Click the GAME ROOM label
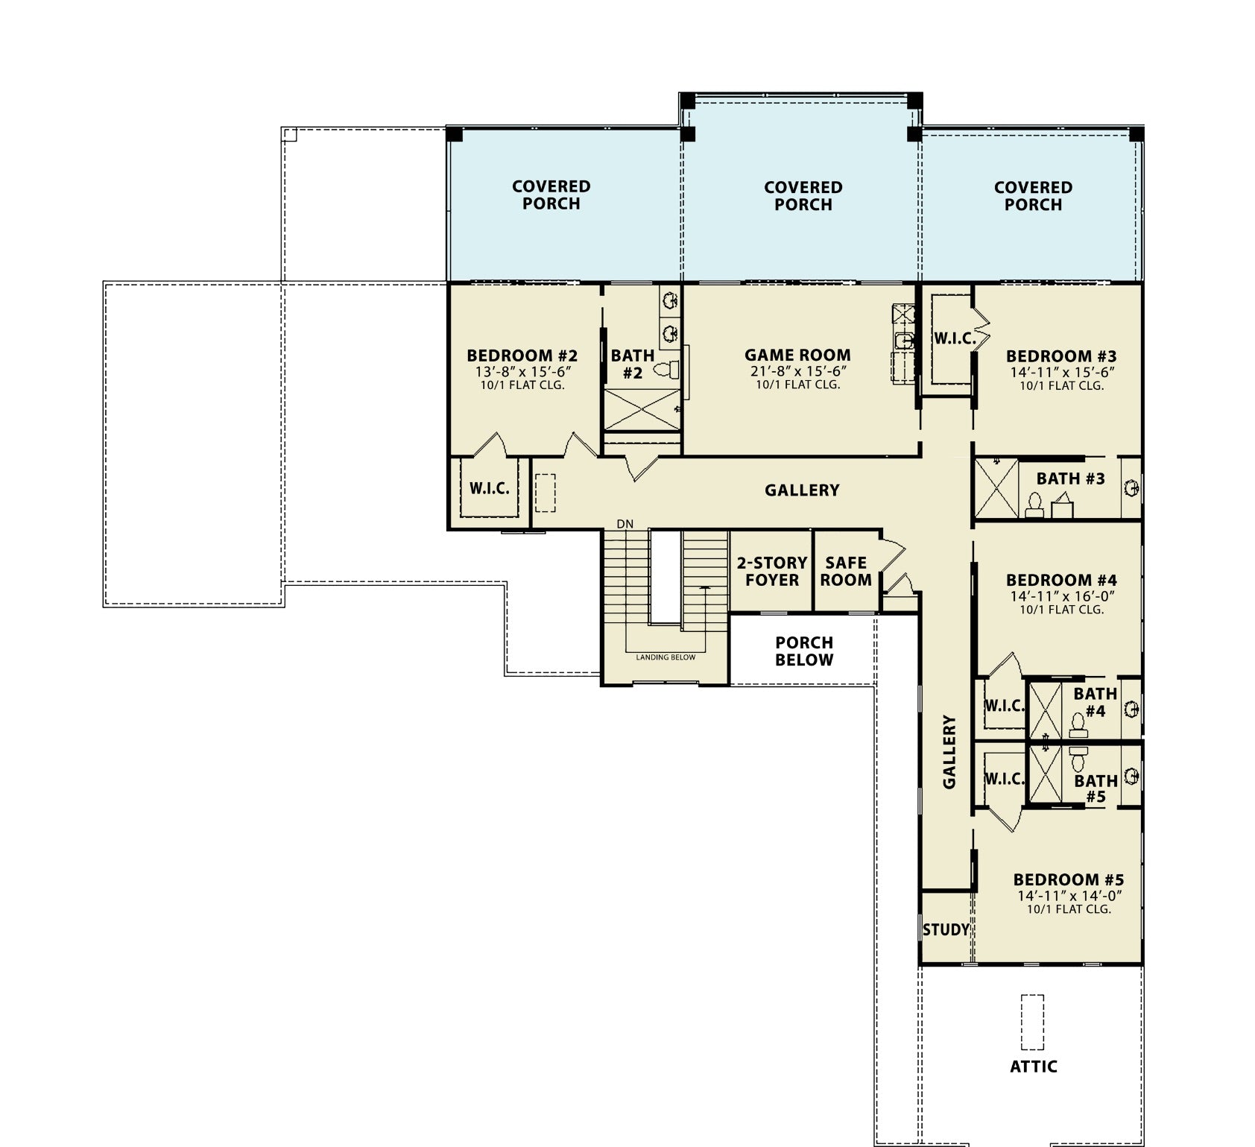pos(797,356)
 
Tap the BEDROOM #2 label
pos(522,356)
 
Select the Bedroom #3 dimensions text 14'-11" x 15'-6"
pos(1062,372)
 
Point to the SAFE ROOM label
pos(846,572)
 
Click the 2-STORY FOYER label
pos(772,572)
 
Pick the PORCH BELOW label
pos(804,651)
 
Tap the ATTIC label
pos(1034,1067)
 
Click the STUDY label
pos(946,929)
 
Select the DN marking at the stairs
pos(625,524)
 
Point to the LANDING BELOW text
pos(666,657)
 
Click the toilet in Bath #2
pos(667,369)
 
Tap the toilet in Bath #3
pos(1034,505)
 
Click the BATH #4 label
pos(1096,702)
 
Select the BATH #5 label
pos(1096,789)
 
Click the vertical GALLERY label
pos(949,752)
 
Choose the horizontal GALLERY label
pos(802,490)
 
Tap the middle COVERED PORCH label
pos(803,196)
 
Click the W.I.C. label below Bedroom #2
pos(490,489)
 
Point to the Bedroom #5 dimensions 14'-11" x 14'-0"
pos(1069,896)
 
